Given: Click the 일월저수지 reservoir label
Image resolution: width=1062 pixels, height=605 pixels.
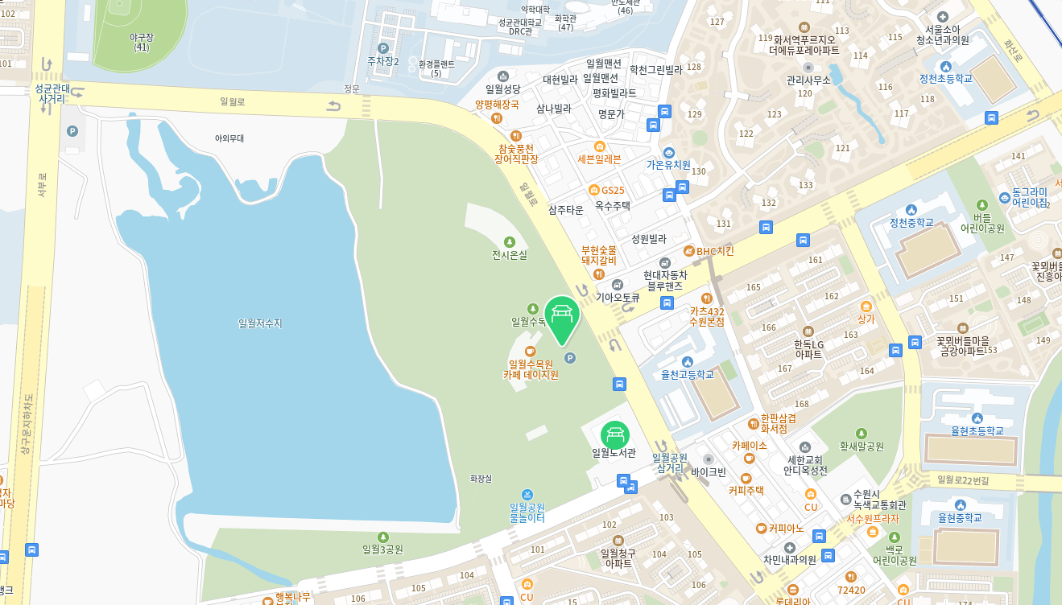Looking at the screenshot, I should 260,323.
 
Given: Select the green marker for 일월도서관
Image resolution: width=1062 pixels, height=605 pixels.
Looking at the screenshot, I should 614,435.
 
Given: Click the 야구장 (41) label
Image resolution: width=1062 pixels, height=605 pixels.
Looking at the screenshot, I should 142,42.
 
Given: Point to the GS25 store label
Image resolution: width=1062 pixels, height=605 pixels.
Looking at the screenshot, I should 613,191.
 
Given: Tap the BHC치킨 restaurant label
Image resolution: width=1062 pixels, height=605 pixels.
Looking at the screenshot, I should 715,251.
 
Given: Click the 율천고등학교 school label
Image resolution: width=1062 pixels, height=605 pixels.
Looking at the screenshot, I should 688,374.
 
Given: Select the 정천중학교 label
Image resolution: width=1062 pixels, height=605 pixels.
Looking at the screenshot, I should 911,222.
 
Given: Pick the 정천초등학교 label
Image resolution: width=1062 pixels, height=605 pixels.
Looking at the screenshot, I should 946,78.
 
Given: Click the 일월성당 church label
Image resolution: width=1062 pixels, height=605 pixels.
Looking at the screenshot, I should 503,89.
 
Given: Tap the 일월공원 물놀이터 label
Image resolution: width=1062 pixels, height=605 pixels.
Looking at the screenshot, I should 527,512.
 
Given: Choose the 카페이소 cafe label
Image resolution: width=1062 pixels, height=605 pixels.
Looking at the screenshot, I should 749,445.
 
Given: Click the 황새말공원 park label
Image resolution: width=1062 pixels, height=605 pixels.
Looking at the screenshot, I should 862,446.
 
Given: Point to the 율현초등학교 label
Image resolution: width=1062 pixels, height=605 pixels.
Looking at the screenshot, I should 977,430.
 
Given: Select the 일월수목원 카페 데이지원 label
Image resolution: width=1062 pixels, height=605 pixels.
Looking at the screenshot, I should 531,369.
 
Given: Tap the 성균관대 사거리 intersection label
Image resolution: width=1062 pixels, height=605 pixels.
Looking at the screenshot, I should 52,93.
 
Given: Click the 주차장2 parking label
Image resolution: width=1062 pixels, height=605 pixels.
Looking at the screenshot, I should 383,60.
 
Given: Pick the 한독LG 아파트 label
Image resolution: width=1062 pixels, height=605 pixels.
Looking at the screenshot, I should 809,349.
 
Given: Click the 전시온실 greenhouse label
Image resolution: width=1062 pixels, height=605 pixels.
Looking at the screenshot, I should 510,254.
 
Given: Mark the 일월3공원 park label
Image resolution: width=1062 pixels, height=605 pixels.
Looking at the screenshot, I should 382,549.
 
